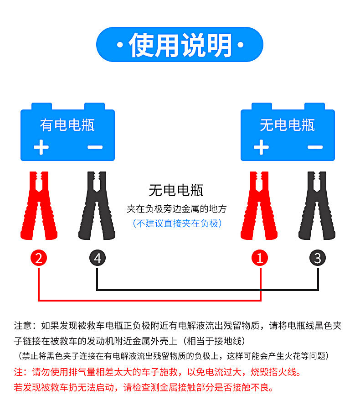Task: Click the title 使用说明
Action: point(180,45)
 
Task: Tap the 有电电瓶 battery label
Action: point(67,125)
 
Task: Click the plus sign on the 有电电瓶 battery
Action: point(41,147)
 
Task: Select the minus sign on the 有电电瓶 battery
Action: point(95,147)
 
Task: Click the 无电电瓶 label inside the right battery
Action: point(287,125)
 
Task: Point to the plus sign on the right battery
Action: point(261,147)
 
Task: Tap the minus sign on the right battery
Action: point(315,147)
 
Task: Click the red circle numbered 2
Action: point(39,259)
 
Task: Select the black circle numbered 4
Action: point(97,259)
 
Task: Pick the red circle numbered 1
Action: point(260,259)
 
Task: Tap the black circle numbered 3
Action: point(318,259)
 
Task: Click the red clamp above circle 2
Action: point(39,205)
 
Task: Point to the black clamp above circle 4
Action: point(97,205)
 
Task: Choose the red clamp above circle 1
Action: point(260,205)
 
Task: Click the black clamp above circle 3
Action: point(318,205)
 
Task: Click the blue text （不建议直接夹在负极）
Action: point(177,224)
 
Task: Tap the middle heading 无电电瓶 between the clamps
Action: point(176,190)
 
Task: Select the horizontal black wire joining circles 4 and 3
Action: point(207,290)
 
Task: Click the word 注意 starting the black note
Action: point(24,326)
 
